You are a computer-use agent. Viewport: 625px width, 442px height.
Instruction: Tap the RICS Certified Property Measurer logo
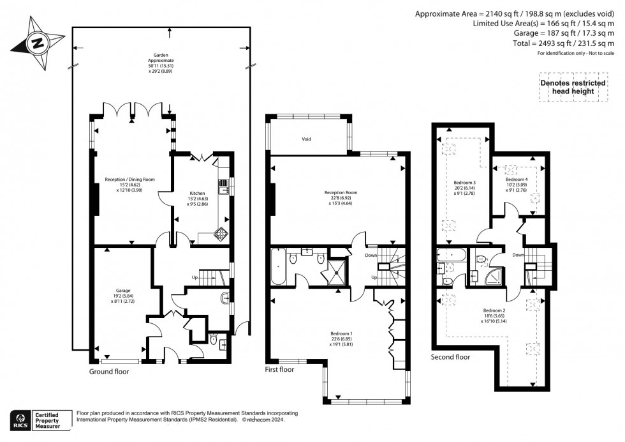click(x=39, y=422)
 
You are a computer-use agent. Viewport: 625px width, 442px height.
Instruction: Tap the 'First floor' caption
click(x=279, y=369)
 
